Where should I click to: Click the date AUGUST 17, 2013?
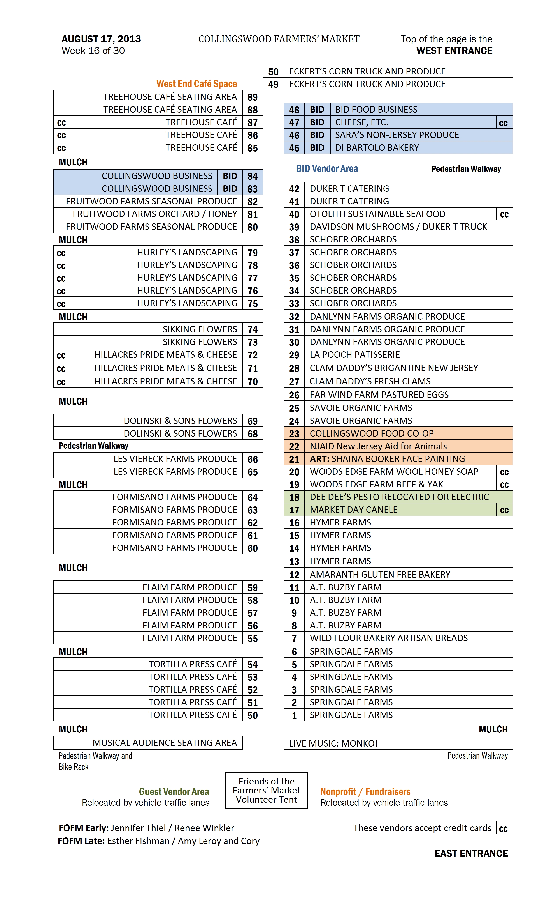coord(101,39)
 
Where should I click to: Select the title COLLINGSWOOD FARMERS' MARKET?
coord(279,39)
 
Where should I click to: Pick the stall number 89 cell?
coord(253,97)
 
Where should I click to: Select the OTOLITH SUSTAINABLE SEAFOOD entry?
coord(377,214)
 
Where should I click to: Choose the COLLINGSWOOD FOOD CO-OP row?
coord(372,433)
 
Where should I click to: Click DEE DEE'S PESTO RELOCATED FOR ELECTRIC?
coord(399,497)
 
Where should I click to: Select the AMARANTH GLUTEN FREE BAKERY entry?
coord(380,574)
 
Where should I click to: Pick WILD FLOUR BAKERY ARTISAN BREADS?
coord(388,638)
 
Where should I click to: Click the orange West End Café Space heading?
coord(197,84)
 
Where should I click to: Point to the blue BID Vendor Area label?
coord(327,169)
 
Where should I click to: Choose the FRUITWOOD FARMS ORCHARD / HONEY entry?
coord(155,214)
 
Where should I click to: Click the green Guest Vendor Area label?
coord(174,792)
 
